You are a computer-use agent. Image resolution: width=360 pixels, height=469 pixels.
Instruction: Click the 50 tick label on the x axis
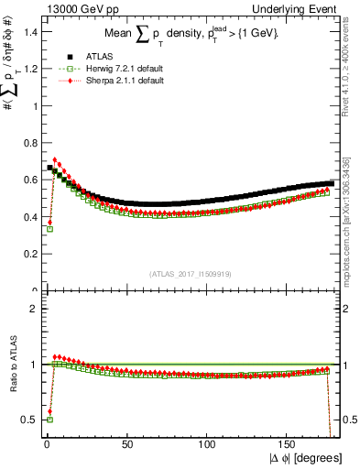[x=126, y=442]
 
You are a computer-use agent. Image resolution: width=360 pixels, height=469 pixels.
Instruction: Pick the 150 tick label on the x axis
[x=289, y=442]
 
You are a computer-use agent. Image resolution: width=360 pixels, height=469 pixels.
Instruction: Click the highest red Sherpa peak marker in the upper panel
[x=55, y=160]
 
